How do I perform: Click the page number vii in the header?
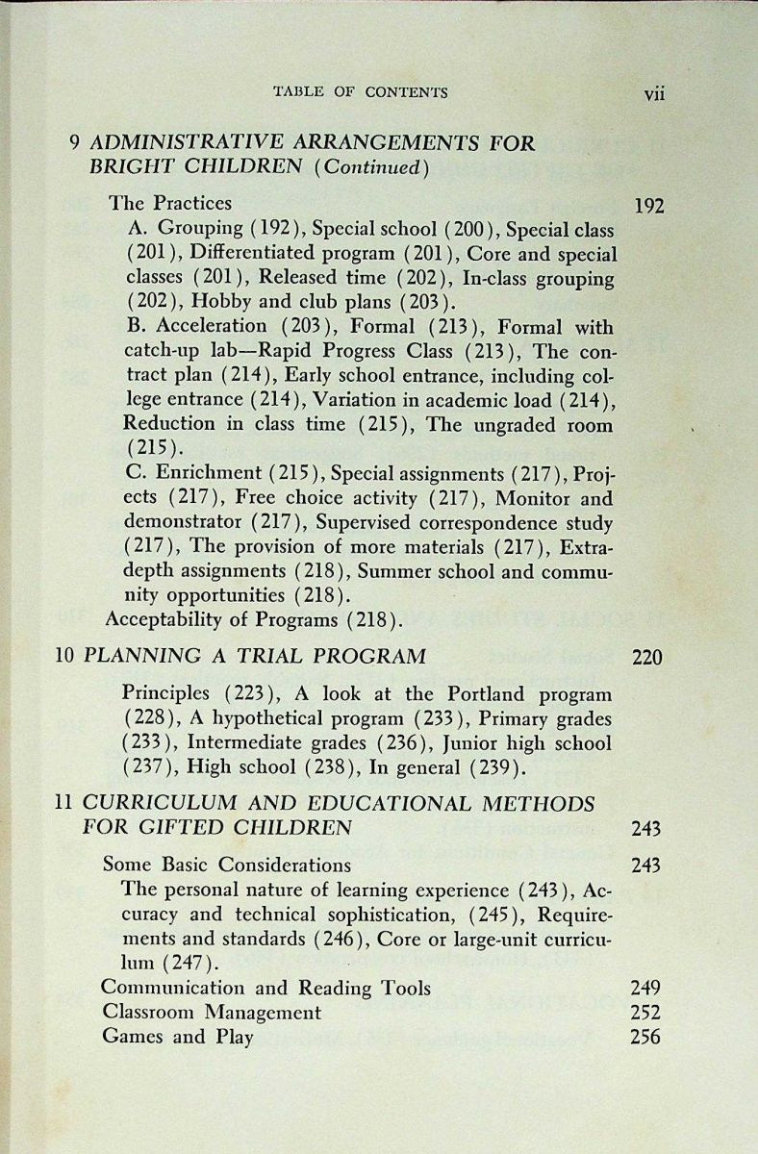pos(654,93)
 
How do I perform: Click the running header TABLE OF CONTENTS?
pos(361,92)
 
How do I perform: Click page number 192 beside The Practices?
pos(649,205)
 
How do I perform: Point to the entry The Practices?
pos(170,203)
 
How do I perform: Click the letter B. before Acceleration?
pos(136,326)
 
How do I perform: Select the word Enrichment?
pos(207,473)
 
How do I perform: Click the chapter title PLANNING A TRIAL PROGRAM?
pos(255,658)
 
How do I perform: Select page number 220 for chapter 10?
pos(647,659)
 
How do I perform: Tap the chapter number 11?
pos(64,803)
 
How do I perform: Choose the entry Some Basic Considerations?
pos(226,864)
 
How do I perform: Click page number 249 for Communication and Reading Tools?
pos(645,988)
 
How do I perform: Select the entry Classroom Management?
pos(212,1012)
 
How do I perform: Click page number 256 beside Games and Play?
pos(645,1037)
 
